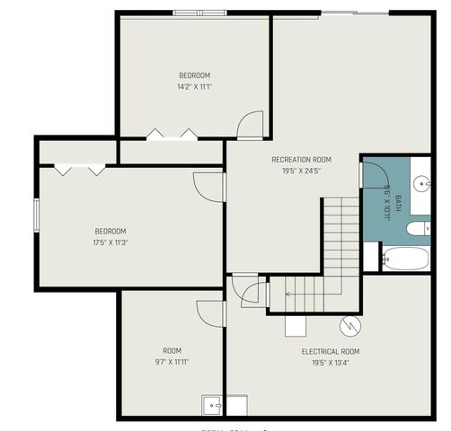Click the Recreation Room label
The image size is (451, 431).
coord(296,160)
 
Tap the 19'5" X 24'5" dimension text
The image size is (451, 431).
coord(296,170)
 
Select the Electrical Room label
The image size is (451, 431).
coord(332,352)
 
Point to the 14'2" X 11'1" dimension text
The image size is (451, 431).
coord(195,87)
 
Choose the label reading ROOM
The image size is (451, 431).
coord(172,351)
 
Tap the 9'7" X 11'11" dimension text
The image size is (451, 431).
coord(172,362)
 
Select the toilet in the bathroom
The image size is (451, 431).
coord(419,229)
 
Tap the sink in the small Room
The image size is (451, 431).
coord(213,406)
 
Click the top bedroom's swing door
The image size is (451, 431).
coord(251,125)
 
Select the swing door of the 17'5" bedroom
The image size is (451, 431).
coord(208,187)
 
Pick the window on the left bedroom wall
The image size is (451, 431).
coord(37,216)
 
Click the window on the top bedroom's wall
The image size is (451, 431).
coord(200,13)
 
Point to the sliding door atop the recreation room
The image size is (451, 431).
coord(355,13)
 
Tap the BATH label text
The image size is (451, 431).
coord(386,198)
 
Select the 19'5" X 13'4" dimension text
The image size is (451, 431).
coord(332,363)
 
